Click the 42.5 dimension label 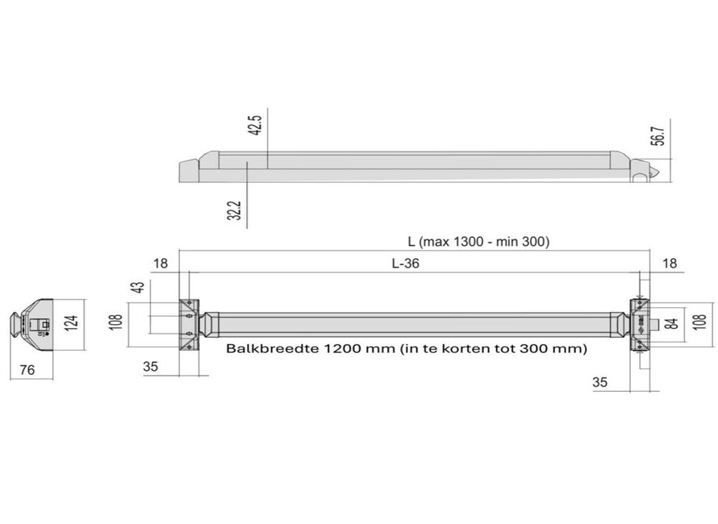[x=256, y=125]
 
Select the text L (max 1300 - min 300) [x=478, y=242]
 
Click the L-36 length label [x=405, y=263]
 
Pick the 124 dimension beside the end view [x=73, y=322]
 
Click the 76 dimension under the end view [x=27, y=370]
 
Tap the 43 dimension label [x=137, y=288]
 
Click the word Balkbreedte [x=272, y=349]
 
